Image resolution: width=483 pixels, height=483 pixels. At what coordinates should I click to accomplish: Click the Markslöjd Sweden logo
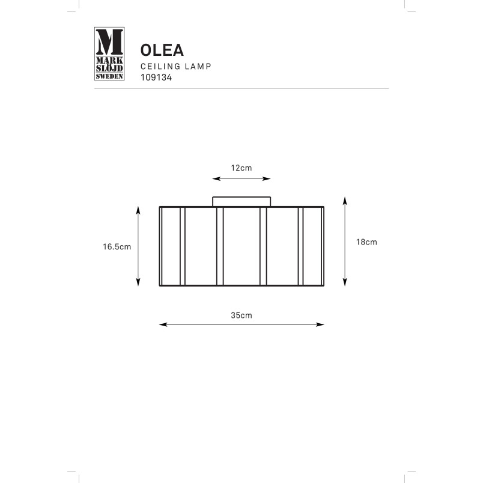click(x=109, y=53)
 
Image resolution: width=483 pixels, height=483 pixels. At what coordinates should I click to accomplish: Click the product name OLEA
click(x=162, y=50)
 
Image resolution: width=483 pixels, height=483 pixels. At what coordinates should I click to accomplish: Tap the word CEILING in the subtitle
click(x=160, y=67)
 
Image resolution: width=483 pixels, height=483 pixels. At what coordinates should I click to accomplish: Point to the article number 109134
click(x=156, y=77)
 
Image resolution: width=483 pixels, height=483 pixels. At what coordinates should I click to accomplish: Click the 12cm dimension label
click(x=241, y=168)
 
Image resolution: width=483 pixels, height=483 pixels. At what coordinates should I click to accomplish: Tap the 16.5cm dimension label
click(x=117, y=247)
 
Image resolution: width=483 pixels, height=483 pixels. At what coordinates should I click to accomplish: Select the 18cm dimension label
click(x=366, y=242)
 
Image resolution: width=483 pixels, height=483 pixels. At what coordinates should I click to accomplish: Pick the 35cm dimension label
click(x=241, y=315)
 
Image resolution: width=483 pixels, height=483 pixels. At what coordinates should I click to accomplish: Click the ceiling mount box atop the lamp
click(x=241, y=202)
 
